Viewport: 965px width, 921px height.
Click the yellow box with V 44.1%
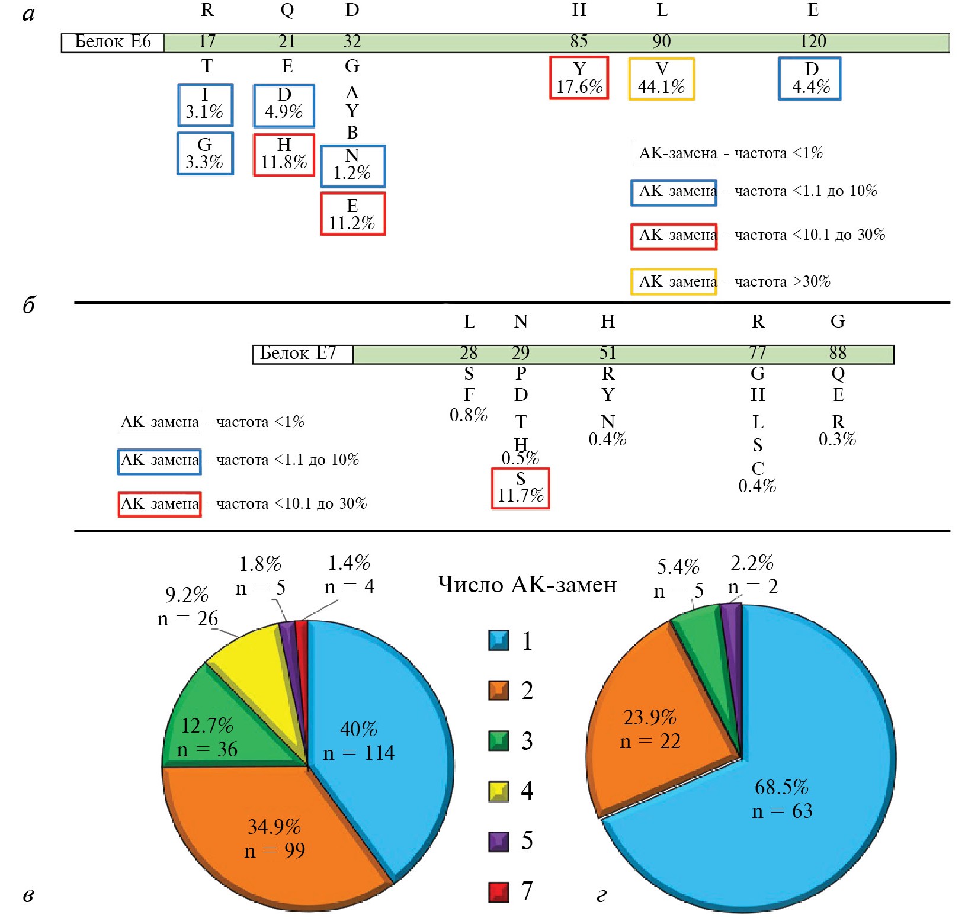tap(661, 79)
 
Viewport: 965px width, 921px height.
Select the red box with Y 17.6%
tap(579, 78)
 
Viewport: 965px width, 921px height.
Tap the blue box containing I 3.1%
tap(205, 105)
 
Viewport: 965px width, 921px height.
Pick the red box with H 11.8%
tap(284, 155)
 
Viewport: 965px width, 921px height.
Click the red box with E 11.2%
tap(352, 214)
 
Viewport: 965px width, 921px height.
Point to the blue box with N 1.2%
tap(352, 166)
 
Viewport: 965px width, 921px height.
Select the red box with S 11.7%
tap(520, 488)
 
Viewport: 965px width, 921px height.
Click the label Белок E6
tap(113, 42)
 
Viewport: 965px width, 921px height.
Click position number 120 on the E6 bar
tap(813, 42)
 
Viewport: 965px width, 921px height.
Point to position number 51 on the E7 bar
tap(608, 354)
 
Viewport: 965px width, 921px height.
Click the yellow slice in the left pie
tap(255, 663)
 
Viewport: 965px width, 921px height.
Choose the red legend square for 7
tap(498, 891)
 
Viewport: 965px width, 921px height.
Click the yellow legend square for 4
tap(498, 791)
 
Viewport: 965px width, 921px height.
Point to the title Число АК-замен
tap(527, 585)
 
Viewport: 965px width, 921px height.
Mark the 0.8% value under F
tap(468, 415)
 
